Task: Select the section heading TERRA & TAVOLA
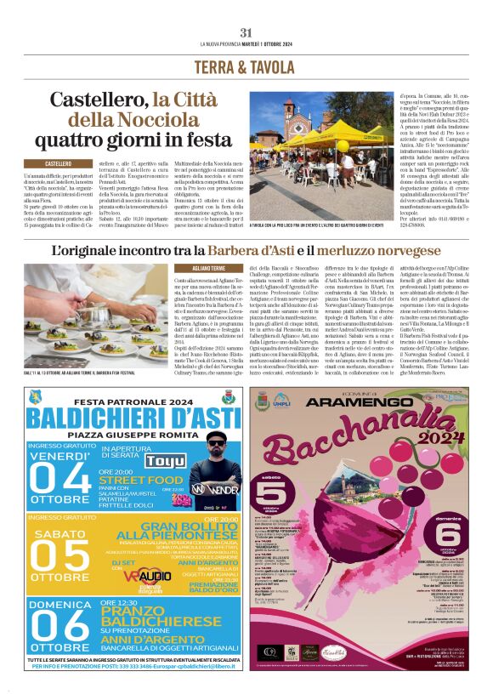point(246,67)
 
